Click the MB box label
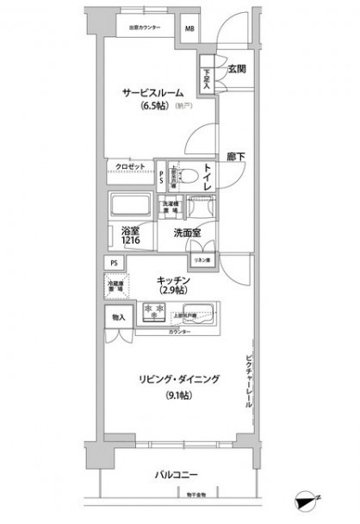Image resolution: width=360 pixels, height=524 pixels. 189,27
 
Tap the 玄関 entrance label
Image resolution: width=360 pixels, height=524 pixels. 239,70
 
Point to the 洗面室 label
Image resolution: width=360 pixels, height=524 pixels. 188,233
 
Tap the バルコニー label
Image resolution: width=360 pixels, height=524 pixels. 178,474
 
